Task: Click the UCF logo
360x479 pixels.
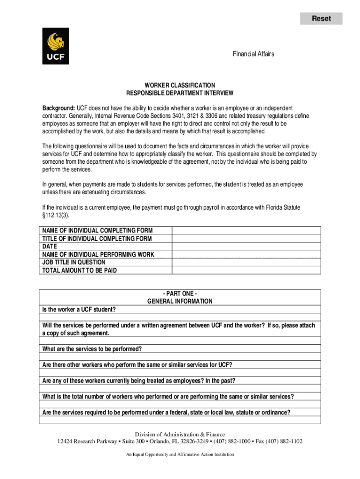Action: [x=55, y=46]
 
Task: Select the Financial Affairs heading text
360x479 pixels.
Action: [x=253, y=54]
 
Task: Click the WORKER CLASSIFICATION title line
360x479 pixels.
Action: [x=180, y=85]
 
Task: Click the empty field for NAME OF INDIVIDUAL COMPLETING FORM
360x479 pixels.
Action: [x=246, y=231]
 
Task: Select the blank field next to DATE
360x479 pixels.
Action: [x=246, y=247]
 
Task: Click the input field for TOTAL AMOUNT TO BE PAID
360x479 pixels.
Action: [x=246, y=270]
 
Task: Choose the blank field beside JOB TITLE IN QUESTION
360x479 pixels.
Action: [x=246, y=262]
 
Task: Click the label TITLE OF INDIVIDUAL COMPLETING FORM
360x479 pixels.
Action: [x=97, y=239]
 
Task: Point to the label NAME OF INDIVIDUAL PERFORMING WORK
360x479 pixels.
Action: [x=98, y=254]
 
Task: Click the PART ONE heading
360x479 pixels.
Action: [x=180, y=293]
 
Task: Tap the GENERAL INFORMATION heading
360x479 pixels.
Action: [x=180, y=301]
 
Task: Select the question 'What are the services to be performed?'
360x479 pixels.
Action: [x=92, y=348]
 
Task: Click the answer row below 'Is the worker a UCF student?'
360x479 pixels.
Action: [x=180, y=317]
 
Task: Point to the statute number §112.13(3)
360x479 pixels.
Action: [x=58, y=215]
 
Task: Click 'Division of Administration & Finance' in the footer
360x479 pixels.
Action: [x=180, y=434]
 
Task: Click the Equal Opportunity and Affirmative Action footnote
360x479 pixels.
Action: [x=180, y=454]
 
